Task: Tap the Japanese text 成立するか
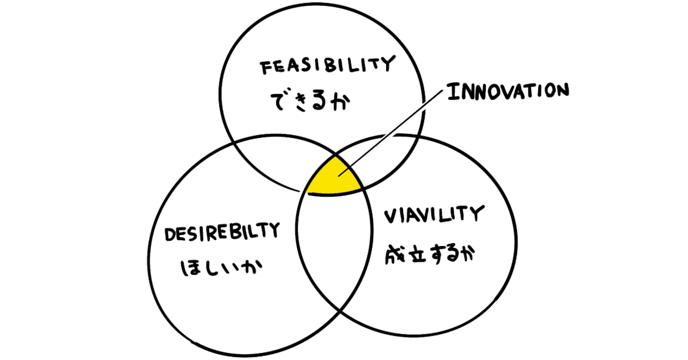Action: click(431, 253)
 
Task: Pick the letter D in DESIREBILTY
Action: click(167, 235)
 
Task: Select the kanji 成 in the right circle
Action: click(393, 254)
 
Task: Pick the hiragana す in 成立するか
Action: click(433, 254)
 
